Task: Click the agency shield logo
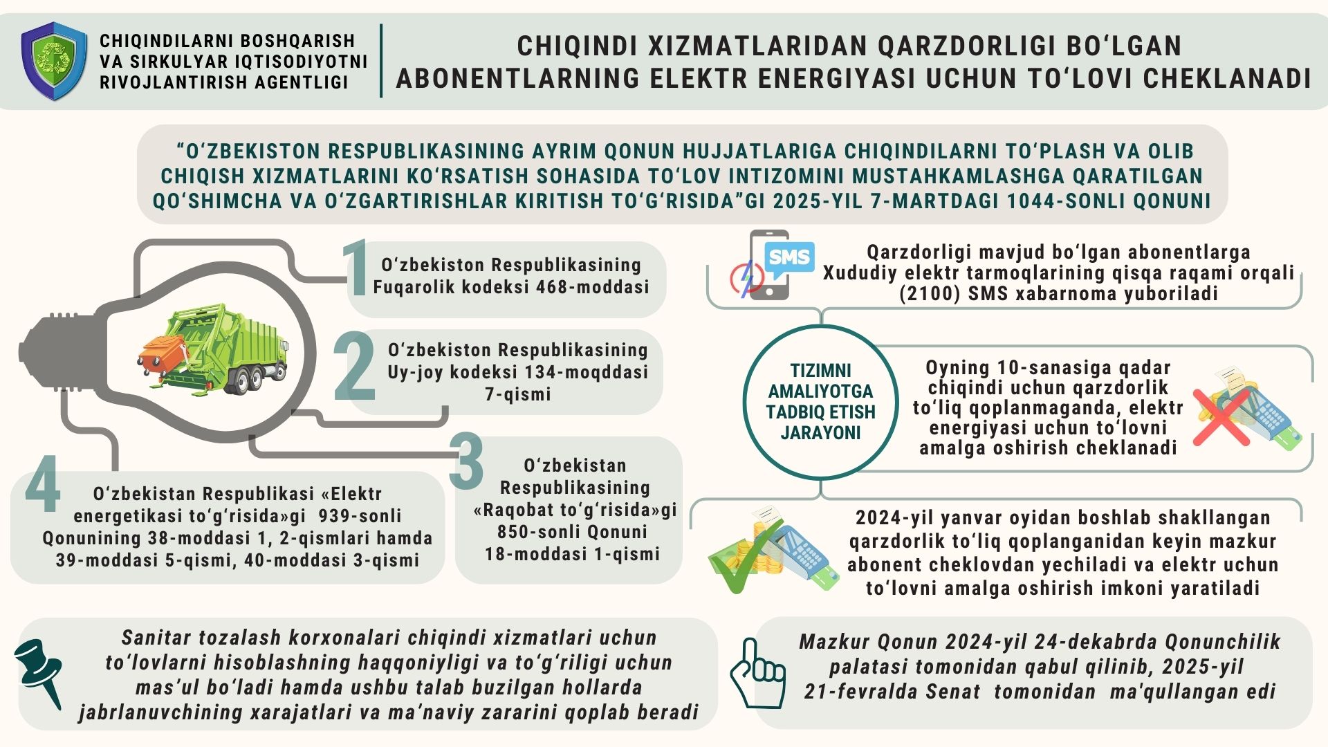[54, 61]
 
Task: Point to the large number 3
[466, 461]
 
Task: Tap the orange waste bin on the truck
[163, 353]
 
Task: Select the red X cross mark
[1221, 415]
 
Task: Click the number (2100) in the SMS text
[930, 294]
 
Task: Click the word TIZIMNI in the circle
[820, 370]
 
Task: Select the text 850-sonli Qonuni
[572, 532]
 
